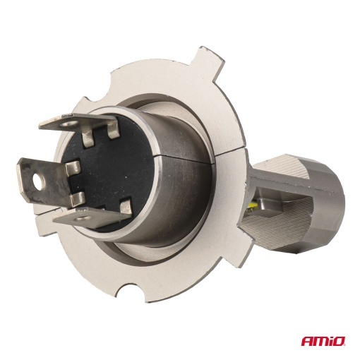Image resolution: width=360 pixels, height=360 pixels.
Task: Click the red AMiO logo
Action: point(323,341)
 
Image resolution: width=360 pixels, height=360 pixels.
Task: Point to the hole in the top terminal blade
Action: point(69,124)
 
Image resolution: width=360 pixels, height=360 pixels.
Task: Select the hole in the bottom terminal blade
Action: point(83,219)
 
